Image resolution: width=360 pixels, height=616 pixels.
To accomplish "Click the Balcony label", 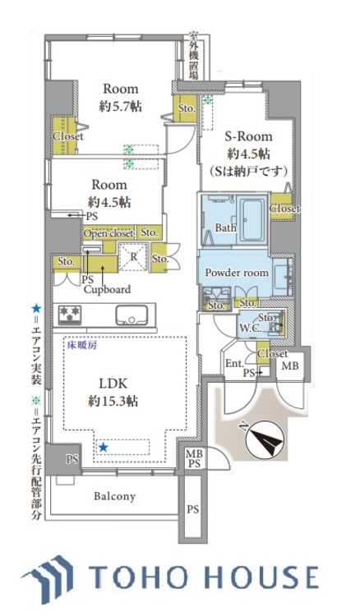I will click(113, 497).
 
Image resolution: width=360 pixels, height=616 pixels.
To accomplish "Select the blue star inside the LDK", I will click(104, 448).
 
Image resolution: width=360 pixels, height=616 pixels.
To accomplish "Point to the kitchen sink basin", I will click(131, 315).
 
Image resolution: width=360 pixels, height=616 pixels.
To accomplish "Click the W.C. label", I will click(250, 328).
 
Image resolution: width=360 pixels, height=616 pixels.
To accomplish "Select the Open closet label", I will click(107, 233).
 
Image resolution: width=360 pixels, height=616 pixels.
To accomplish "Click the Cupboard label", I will click(106, 289).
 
